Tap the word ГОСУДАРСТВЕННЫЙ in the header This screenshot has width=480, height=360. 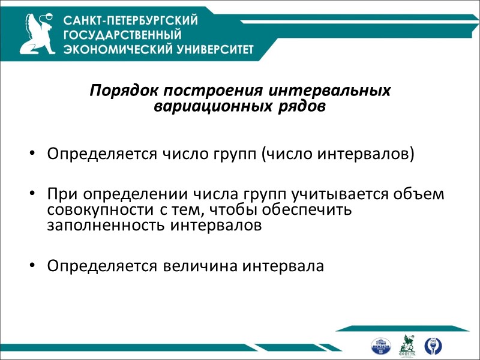pos(122,35)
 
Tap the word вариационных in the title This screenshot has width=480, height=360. pos(197,106)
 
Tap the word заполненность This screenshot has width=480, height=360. pos(100,226)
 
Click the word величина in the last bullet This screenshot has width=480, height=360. pos(200,266)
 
